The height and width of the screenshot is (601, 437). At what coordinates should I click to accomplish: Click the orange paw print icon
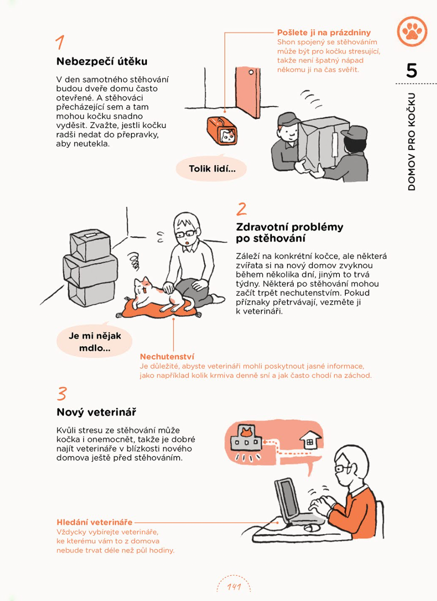click(412, 31)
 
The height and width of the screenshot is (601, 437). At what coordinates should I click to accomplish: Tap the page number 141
click(234, 587)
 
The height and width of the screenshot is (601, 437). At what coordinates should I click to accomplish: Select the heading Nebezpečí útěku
click(102, 62)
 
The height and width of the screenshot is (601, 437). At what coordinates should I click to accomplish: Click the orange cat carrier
click(222, 131)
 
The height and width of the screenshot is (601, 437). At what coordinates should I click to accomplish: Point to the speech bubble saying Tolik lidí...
click(211, 168)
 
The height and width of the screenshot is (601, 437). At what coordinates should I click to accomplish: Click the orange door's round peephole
click(251, 72)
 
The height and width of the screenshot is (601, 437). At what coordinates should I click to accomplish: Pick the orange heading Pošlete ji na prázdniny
click(324, 32)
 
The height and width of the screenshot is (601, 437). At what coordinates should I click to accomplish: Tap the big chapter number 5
click(411, 70)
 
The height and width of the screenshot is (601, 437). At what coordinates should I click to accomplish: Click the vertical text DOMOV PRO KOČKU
click(411, 142)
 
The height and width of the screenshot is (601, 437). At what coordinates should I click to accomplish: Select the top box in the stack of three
click(90, 245)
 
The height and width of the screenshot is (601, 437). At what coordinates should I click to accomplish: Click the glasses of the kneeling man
click(185, 233)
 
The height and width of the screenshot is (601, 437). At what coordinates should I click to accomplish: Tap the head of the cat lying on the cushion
click(142, 286)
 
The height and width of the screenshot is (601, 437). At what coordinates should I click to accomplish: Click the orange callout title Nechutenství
click(166, 357)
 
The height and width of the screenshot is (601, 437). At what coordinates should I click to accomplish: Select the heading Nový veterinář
click(96, 412)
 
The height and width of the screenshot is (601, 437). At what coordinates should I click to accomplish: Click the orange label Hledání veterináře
click(94, 522)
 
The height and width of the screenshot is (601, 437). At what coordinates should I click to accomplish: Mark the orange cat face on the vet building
click(246, 432)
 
